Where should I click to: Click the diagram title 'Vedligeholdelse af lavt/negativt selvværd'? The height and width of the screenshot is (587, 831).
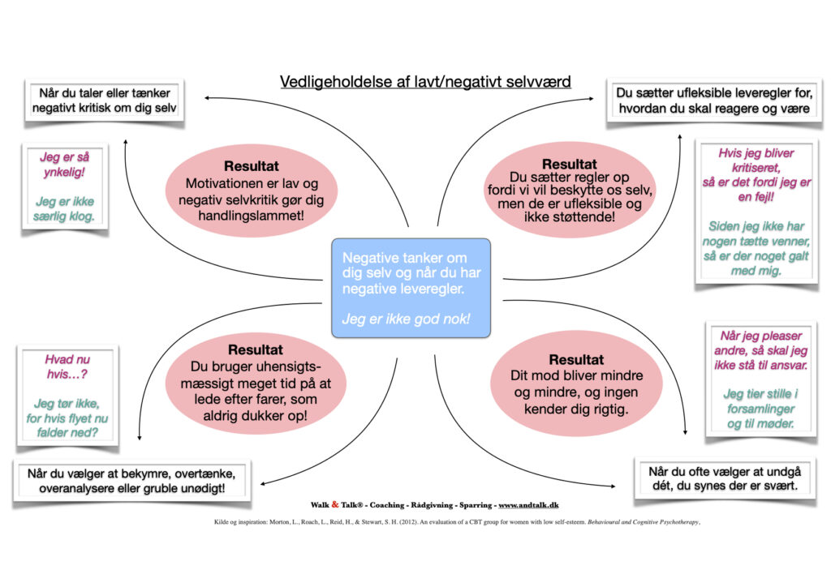pos(425,82)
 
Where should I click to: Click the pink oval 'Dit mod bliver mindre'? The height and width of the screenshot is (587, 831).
pos(576,383)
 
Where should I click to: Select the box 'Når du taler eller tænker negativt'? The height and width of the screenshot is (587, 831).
pos(105,101)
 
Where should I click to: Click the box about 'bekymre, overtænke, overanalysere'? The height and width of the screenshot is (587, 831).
pos(131,482)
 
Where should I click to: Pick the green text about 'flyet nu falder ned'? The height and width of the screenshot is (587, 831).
pos(66,418)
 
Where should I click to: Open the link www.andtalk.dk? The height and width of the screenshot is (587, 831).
pos(534,505)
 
